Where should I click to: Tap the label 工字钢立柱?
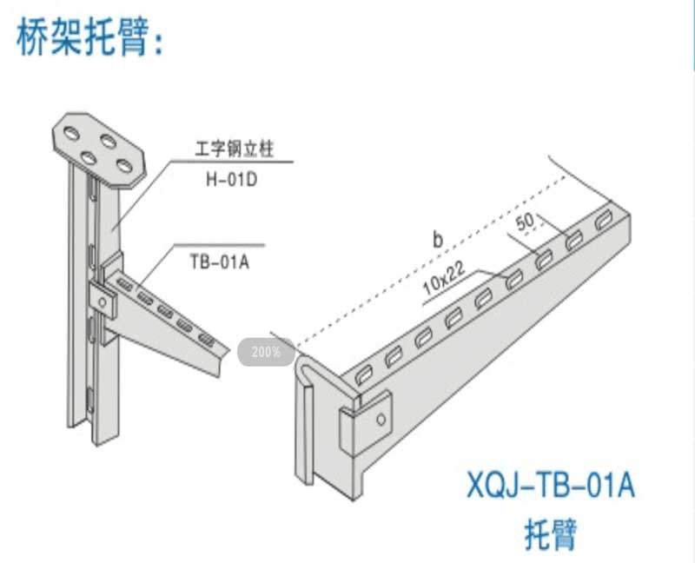(235, 150)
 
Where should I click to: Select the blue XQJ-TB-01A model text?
(551, 485)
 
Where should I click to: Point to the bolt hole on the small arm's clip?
(102, 301)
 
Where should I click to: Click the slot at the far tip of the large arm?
(605, 221)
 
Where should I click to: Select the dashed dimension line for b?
(434, 261)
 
